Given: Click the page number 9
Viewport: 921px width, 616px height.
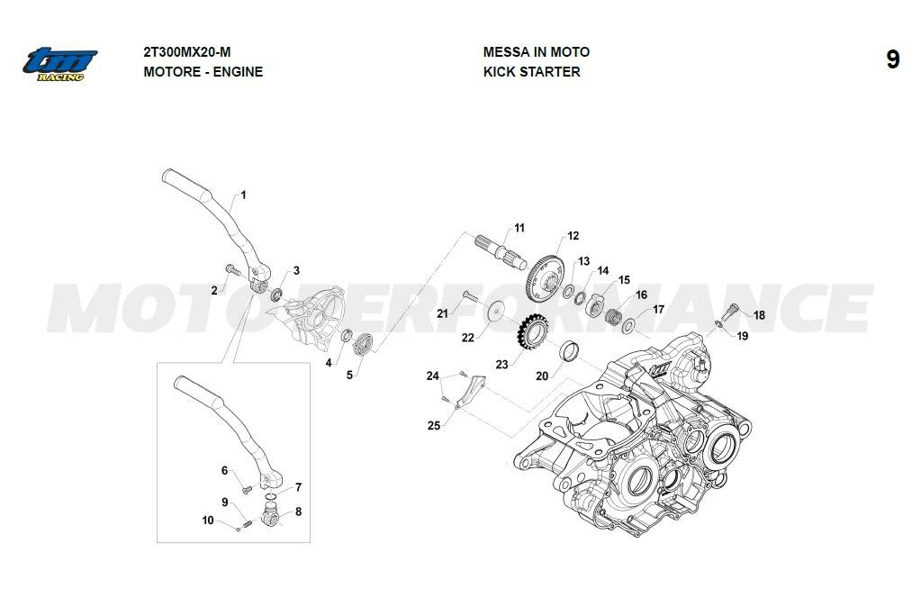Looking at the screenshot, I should (x=892, y=60).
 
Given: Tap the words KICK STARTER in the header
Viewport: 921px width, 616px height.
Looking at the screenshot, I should (x=531, y=72).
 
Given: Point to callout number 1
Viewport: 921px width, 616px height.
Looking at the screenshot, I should (x=243, y=195).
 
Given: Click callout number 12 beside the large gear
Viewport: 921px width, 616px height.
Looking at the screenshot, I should (x=573, y=237).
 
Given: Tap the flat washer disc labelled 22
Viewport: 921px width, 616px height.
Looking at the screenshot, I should (x=496, y=312).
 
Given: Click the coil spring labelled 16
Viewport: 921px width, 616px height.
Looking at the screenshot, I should (x=614, y=317).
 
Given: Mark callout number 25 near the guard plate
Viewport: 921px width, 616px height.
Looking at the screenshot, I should (x=434, y=425).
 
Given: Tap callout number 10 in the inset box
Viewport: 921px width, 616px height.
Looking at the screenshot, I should (x=208, y=521).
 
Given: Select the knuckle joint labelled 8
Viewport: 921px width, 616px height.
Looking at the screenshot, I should (x=268, y=517).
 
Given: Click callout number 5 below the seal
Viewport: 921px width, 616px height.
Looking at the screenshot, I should (x=350, y=374).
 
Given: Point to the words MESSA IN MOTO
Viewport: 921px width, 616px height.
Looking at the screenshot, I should (x=536, y=52).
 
